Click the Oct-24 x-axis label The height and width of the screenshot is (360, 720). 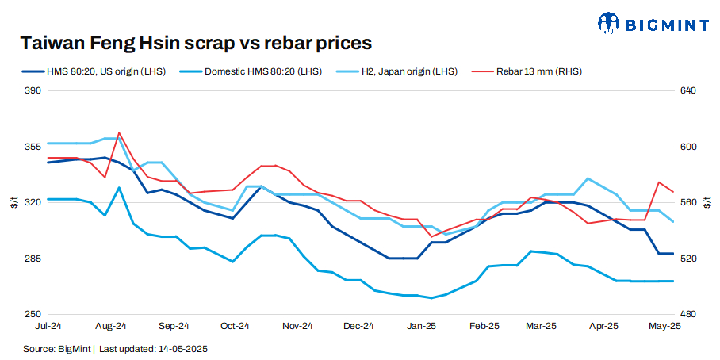click(x=235, y=326)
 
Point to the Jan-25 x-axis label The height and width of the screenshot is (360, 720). click(x=421, y=326)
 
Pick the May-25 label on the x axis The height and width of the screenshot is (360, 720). click(x=664, y=326)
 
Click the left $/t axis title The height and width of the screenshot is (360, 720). click(x=13, y=203)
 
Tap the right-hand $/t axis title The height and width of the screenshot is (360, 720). click(x=708, y=203)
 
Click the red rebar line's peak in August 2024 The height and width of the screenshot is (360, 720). click(x=119, y=132)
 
